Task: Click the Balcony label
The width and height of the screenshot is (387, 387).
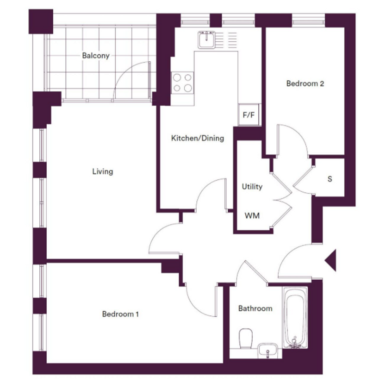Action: click(x=96, y=56)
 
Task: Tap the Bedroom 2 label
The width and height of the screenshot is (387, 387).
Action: click(x=305, y=84)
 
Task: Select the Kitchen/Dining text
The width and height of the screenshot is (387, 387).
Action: click(x=198, y=138)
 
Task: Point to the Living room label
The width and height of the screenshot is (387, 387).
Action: click(x=103, y=172)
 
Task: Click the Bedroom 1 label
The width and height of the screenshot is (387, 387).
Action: click(x=120, y=314)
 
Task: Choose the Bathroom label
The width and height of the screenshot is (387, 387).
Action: click(x=256, y=308)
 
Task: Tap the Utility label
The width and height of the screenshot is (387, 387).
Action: click(x=252, y=187)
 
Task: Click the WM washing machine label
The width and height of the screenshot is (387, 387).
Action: click(x=252, y=216)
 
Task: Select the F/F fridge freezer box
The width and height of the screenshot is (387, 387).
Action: click(x=249, y=115)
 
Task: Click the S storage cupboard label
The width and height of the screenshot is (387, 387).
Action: click(x=330, y=179)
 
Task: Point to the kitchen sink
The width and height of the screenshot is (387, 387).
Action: click(x=206, y=40)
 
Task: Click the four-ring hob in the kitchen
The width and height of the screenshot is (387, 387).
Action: click(x=182, y=82)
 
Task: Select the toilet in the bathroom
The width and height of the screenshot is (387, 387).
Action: click(x=246, y=338)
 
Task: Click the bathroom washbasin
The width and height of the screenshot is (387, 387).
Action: click(x=267, y=350)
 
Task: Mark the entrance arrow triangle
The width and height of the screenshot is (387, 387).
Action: click(x=330, y=260)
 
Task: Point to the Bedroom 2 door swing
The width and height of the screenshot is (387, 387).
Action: click(x=299, y=135)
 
